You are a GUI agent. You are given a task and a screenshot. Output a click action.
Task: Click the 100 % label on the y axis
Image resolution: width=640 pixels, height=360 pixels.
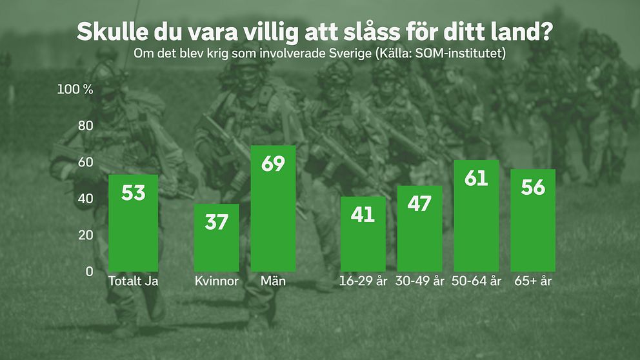[75, 89]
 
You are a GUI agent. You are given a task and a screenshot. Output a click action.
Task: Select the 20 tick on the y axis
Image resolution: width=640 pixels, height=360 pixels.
[86, 235]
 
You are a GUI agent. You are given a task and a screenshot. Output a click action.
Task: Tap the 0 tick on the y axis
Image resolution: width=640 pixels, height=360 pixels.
[90, 272]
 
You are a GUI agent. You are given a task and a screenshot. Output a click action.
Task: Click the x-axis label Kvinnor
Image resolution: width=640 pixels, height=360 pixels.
[217, 282]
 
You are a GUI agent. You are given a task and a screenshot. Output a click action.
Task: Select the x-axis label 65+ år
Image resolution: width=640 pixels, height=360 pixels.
[534, 282]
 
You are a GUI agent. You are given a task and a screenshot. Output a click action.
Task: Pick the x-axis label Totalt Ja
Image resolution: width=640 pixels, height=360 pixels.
[134, 282]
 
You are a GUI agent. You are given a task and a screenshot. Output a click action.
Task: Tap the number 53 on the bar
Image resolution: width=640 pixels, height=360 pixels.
[134, 192]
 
